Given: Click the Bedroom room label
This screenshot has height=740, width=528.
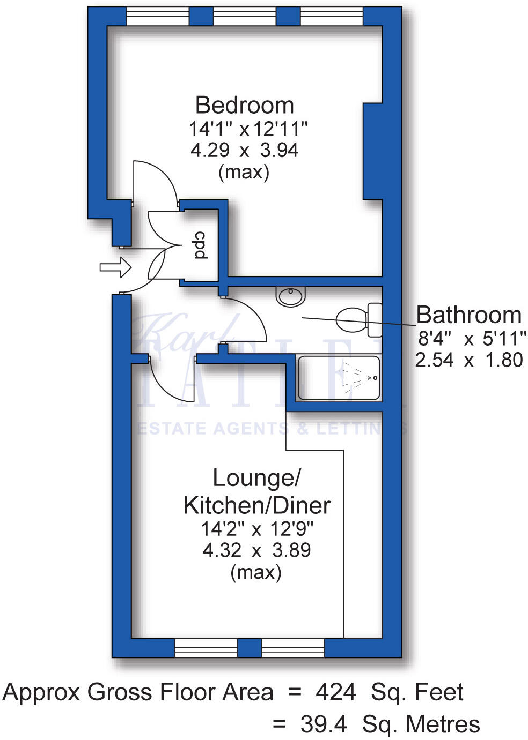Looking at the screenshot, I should click(x=244, y=106).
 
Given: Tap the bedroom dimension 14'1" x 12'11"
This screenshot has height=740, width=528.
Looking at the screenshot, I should click(x=248, y=129).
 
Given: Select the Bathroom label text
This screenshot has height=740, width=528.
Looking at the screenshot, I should click(x=468, y=315).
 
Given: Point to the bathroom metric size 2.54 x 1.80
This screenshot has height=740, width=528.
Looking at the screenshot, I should click(x=468, y=360).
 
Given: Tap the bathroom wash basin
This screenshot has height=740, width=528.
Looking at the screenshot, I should click(x=291, y=296).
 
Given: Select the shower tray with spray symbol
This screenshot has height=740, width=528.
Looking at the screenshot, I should click(x=339, y=378).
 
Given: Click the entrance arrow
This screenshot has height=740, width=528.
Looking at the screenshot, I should click(x=115, y=267).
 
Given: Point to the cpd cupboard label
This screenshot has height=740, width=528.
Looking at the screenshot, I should click(x=200, y=245).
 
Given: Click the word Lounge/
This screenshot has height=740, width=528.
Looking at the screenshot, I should click(x=256, y=478).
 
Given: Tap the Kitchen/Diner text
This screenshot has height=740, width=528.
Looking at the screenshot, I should click(x=256, y=505).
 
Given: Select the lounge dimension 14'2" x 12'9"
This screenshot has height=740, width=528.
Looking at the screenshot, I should click(x=256, y=529).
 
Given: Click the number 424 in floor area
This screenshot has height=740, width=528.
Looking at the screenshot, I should click(x=335, y=692).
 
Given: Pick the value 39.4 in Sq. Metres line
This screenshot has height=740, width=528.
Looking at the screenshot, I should click(x=323, y=724).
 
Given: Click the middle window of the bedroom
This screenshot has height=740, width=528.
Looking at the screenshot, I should click(x=244, y=17).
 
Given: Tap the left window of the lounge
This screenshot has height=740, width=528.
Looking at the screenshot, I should click(x=206, y=648).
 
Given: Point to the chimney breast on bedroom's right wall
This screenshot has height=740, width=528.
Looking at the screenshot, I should click(x=373, y=151).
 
